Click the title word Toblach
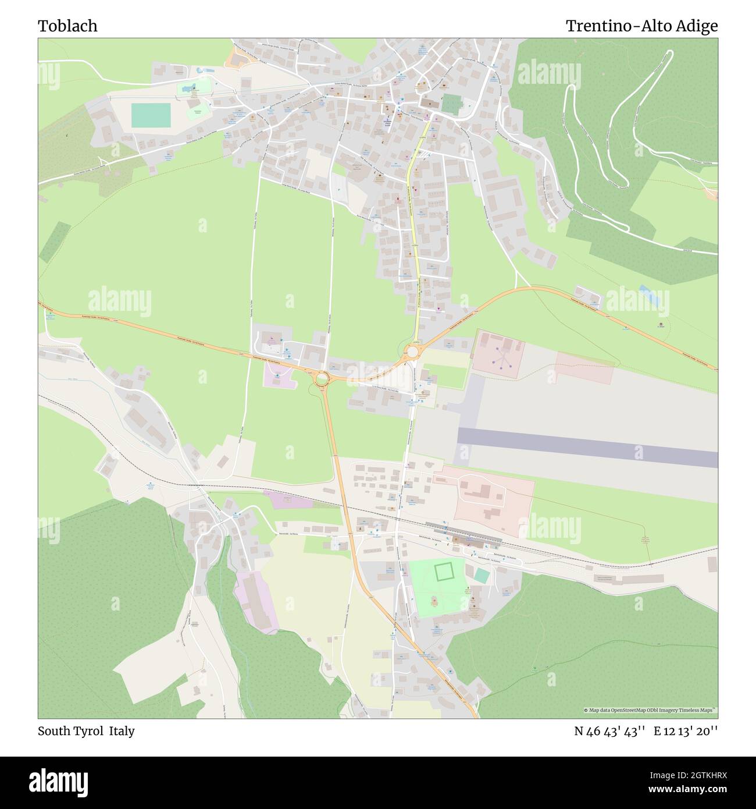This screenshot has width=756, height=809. click(68, 26)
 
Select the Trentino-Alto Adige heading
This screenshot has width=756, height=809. click(641, 26)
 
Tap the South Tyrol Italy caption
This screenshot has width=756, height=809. click(86, 731)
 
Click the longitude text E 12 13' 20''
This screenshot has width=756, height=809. click(686, 731)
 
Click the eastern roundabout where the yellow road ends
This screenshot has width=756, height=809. click(412, 352)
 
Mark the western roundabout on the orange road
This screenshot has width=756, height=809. click(321, 378)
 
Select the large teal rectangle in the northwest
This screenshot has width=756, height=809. click(151, 115)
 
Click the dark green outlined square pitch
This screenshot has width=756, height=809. click(444, 571)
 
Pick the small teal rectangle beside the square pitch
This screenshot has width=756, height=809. click(482, 575)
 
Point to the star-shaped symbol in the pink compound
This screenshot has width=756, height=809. click(501, 359)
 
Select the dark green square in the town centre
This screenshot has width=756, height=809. click(450, 104)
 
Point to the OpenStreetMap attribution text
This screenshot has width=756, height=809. click(650, 710)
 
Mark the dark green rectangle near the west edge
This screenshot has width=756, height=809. click(55, 242)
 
